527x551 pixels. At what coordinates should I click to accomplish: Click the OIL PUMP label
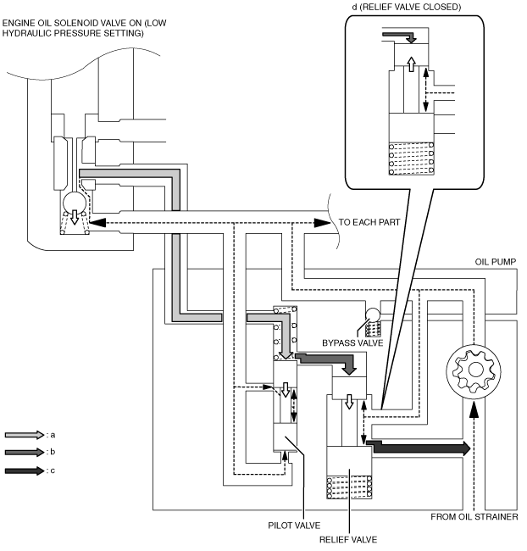pyautogui.click(x=496, y=262)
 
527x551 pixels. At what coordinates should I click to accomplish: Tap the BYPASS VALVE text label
pyautogui.click(x=352, y=343)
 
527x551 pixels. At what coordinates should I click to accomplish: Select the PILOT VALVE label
pyautogui.click(x=294, y=526)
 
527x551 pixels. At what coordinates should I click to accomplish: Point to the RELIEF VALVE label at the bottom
pyautogui.click(x=348, y=540)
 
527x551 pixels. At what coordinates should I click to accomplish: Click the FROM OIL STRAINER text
pyautogui.click(x=474, y=517)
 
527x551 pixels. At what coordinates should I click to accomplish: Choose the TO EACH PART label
pyautogui.click(x=369, y=222)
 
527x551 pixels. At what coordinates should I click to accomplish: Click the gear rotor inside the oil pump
pyautogui.click(x=474, y=370)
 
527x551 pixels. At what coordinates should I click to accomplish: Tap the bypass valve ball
pyautogui.click(x=373, y=314)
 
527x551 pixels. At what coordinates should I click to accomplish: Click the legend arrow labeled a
pyautogui.click(x=24, y=435)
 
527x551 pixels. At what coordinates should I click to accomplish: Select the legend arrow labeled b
pyautogui.click(x=24, y=453)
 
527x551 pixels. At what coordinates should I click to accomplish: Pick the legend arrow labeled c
pyautogui.click(x=24, y=470)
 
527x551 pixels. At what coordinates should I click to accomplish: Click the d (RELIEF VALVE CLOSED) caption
pyautogui.click(x=407, y=7)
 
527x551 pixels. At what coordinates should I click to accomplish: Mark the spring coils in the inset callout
pyautogui.click(x=411, y=159)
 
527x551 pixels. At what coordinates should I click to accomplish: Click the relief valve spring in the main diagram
pyautogui.click(x=349, y=487)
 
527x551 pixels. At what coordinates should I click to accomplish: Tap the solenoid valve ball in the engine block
pyautogui.click(x=75, y=203)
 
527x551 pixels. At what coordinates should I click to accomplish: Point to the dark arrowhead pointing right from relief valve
pyautogui.click(x=466, y=448)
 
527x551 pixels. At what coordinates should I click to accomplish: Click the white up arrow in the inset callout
pyautogui.click(x=411, y=64)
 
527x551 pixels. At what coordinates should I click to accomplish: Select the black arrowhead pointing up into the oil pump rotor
pyautogui.click(x=474, y=409)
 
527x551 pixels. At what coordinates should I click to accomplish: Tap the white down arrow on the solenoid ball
pyautogui.click(x=75, y=217)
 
